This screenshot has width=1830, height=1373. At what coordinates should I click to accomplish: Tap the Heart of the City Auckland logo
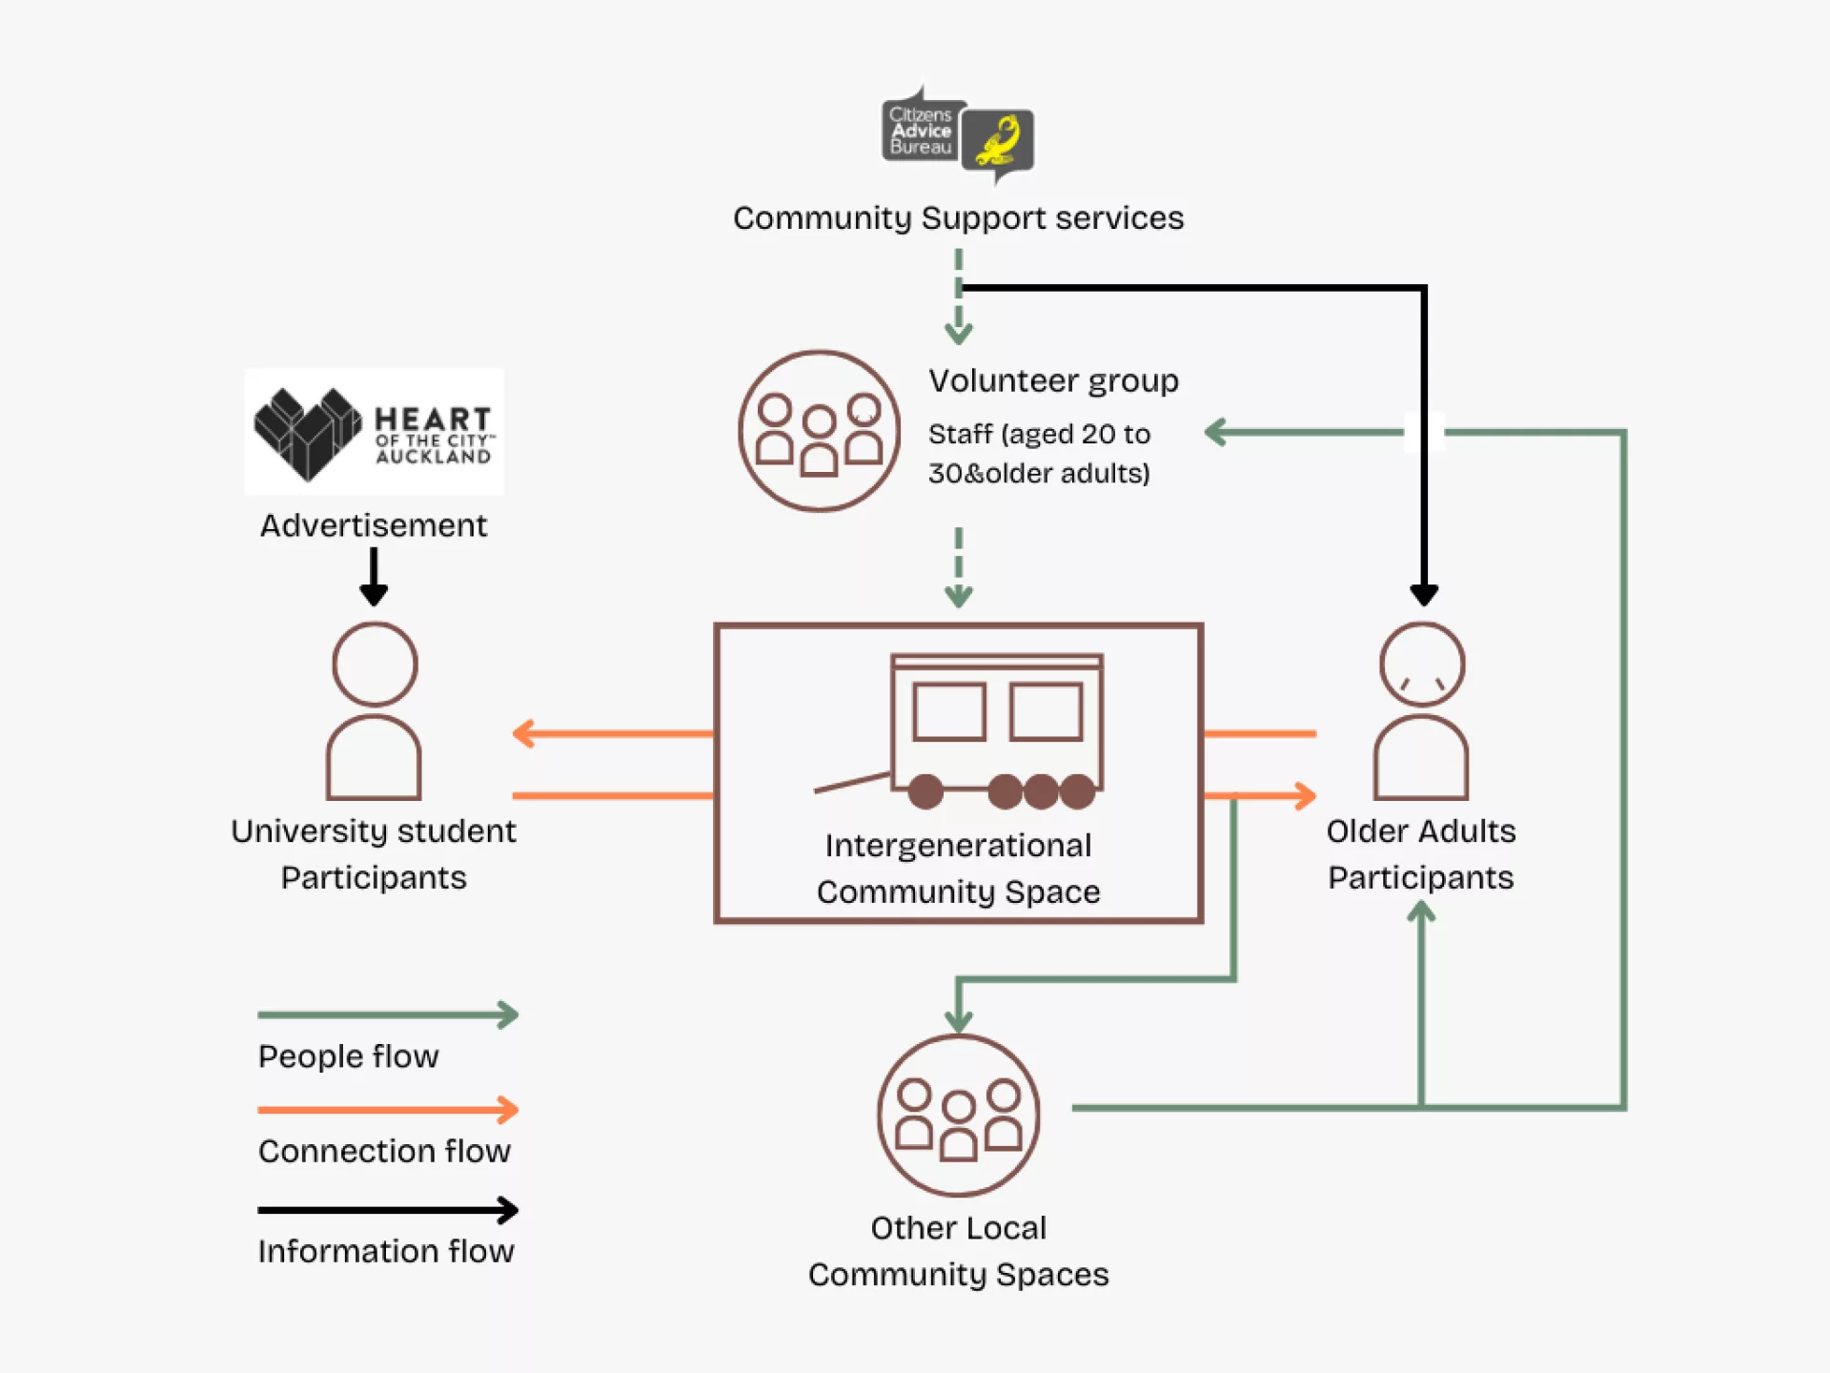tap(374, 432)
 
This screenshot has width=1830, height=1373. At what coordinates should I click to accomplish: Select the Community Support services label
tap(958, 218)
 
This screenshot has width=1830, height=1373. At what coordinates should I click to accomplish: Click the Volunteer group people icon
tap(819, 431)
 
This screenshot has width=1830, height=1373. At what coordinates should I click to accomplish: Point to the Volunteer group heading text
tap(1053, 381)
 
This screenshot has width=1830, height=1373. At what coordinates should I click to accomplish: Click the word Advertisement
tap(374, 525)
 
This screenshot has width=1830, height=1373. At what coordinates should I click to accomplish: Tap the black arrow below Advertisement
tap(374, 577)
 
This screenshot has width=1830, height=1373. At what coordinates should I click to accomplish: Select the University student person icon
tap(374, 711)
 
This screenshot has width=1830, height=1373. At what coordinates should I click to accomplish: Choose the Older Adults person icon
tap(1421, 711)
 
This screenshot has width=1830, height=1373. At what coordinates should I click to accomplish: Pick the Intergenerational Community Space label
tap(958, 869)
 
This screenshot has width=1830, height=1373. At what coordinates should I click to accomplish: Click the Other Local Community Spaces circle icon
tap(958, 1115)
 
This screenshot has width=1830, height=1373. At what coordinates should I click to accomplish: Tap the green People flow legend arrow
tap(388, 1014)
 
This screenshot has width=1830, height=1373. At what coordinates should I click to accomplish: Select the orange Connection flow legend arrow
tap(388, 1110)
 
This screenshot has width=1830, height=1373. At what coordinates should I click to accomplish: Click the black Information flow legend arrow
tap(388, 1210)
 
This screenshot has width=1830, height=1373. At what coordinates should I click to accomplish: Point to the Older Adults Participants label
tap(1420, 854)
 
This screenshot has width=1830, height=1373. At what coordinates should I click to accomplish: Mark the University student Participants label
tap(374, 854)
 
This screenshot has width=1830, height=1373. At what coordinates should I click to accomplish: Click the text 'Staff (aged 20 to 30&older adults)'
tap(1039, 454)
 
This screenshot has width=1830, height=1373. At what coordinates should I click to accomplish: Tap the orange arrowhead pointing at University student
tap(523, 733)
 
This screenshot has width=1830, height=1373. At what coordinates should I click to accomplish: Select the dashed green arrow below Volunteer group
tap(958, 567)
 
